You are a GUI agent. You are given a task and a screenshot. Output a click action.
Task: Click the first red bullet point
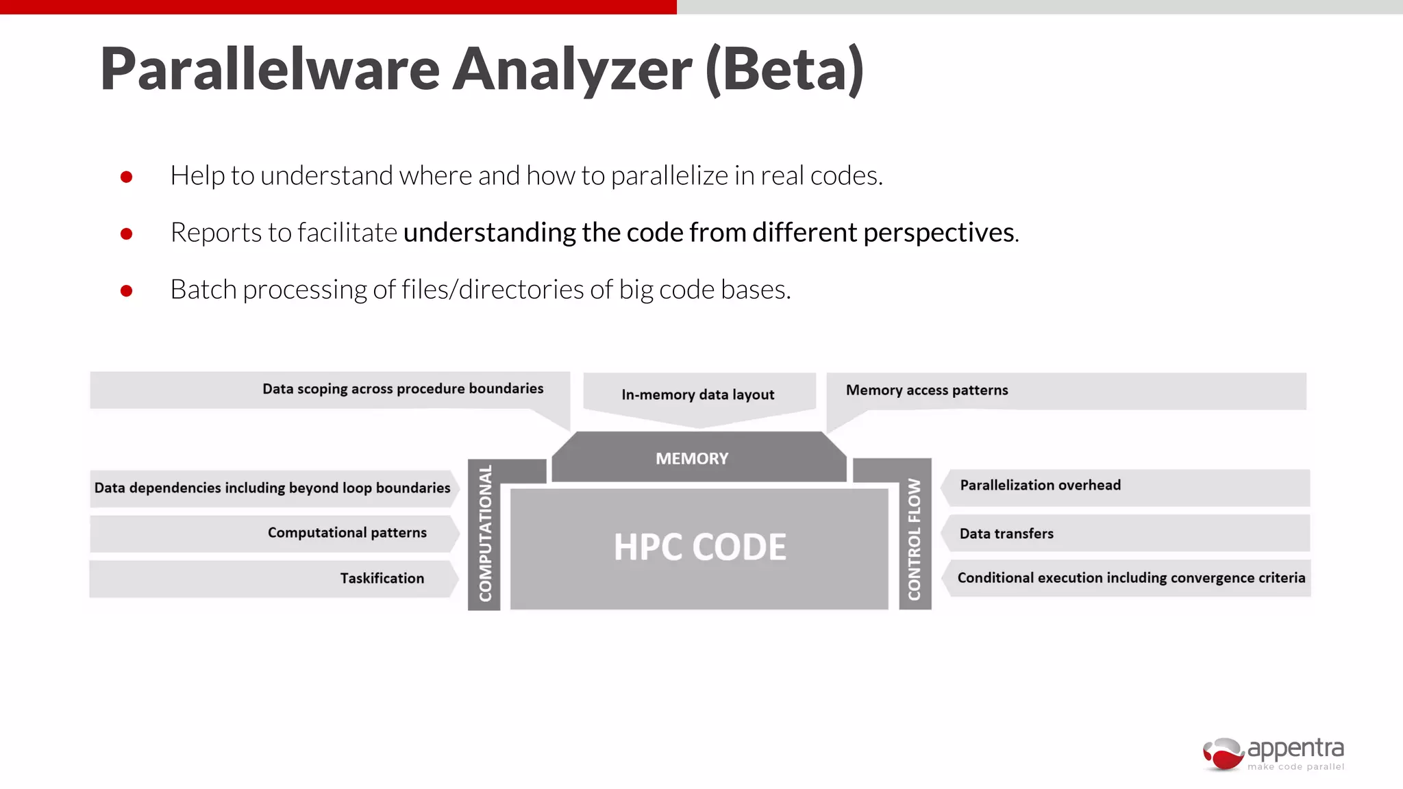126,177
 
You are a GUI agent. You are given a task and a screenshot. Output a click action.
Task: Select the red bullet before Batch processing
126,291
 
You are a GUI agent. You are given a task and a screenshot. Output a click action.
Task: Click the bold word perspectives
939,233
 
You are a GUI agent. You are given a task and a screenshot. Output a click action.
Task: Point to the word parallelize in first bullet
669,176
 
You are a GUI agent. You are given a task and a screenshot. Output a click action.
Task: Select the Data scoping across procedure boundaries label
403,389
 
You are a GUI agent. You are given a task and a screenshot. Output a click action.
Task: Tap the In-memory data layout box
698,394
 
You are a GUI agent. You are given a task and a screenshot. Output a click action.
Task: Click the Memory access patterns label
927,390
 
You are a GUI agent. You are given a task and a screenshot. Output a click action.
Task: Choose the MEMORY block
692,458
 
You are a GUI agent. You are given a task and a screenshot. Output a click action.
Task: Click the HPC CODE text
699,547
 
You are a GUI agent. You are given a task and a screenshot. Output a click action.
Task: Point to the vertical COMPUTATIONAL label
485,534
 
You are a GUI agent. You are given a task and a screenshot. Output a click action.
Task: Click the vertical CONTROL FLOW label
915,538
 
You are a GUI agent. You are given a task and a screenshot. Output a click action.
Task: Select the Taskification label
382,579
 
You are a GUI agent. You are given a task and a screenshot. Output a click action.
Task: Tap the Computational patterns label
347,533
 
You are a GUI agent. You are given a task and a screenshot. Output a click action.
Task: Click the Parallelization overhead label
1040,486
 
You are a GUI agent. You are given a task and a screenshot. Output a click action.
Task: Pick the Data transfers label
1006,534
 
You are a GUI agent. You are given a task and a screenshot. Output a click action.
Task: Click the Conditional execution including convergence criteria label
1131,578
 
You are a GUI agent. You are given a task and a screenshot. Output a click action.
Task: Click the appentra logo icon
1224,754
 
